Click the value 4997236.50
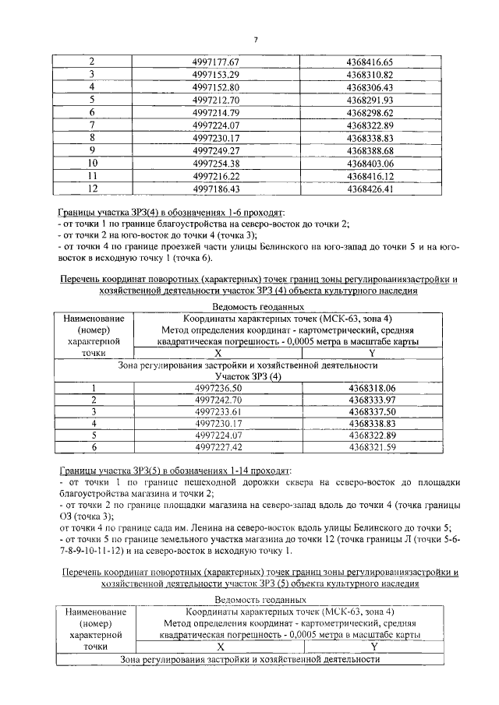pos(219,387)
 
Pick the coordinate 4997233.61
pos(219,411)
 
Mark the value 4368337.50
pos(373,411)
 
